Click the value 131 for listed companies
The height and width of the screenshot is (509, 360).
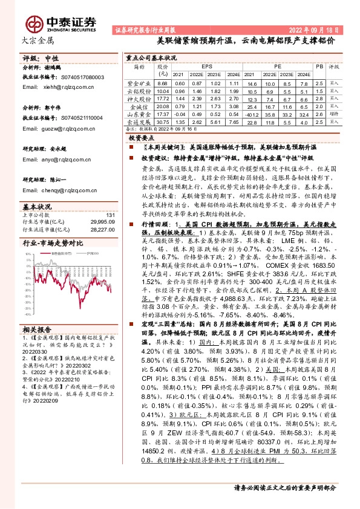coord(110,215)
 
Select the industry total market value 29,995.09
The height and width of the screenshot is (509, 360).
coord(103,222)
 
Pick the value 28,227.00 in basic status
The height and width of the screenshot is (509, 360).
coord(103,229)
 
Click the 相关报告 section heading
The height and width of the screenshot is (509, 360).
coord(37,329)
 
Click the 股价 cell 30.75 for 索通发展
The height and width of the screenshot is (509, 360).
coord(162,122)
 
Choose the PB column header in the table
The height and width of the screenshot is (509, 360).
coord(319,65)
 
